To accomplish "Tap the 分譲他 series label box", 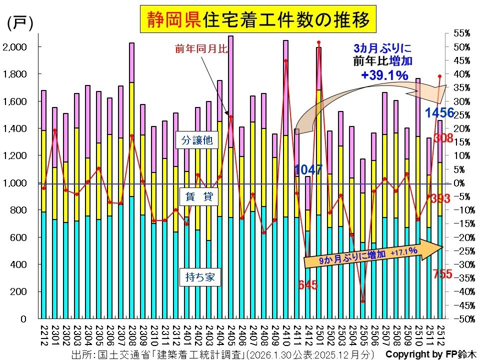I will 197,140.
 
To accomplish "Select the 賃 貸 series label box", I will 197,197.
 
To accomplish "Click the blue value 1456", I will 439,112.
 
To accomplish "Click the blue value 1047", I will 308,169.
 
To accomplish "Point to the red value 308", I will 443,138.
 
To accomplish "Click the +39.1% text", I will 384,75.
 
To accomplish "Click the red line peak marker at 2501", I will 318,42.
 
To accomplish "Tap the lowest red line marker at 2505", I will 362,301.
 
